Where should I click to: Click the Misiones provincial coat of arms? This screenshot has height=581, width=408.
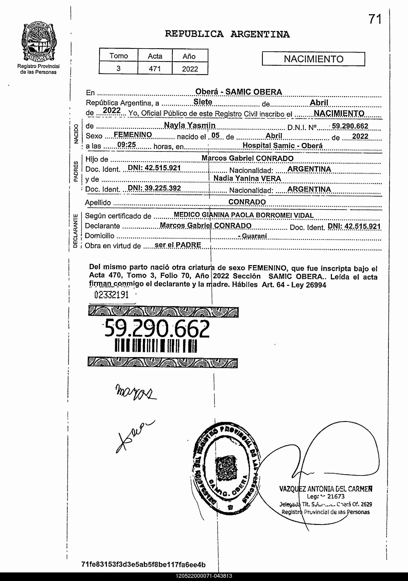(38, 43)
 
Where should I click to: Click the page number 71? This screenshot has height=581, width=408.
(375, 19)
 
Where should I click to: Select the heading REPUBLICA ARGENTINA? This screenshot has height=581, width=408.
(227, 34)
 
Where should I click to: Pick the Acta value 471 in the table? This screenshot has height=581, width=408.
(155, 69)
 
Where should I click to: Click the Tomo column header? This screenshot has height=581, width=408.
(118, 56)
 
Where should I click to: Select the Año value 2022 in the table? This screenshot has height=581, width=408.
(190, 69)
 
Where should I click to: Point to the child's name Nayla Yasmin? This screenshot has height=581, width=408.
(189, 125)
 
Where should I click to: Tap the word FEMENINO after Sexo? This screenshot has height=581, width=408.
(133, 135)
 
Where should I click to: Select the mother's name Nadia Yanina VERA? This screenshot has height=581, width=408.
(247, 178)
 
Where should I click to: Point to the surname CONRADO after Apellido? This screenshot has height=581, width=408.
(247, 202)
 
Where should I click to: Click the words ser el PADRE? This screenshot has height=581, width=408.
(178, 245)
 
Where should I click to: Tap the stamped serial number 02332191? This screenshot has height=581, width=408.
(111, 295)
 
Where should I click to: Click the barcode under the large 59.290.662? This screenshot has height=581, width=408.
(156, 346)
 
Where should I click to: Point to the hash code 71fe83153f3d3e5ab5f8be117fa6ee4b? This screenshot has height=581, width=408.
(143, 565)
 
